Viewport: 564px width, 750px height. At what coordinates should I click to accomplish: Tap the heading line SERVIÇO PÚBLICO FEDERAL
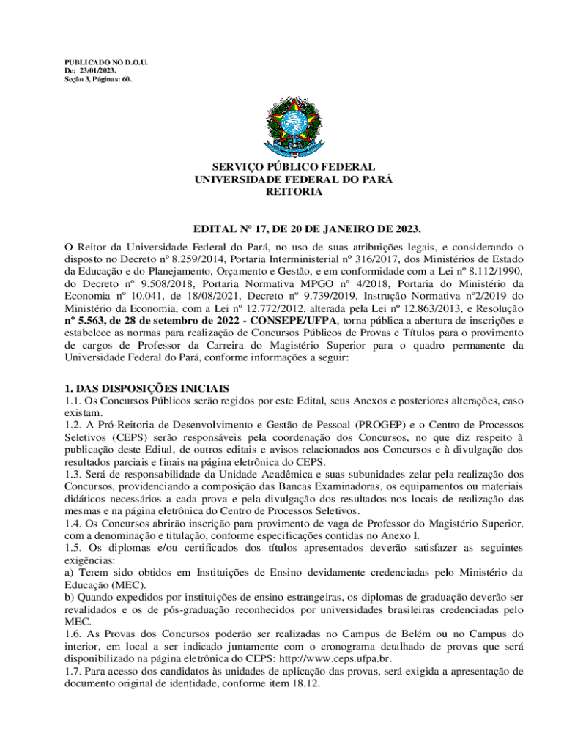click(284, 168)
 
